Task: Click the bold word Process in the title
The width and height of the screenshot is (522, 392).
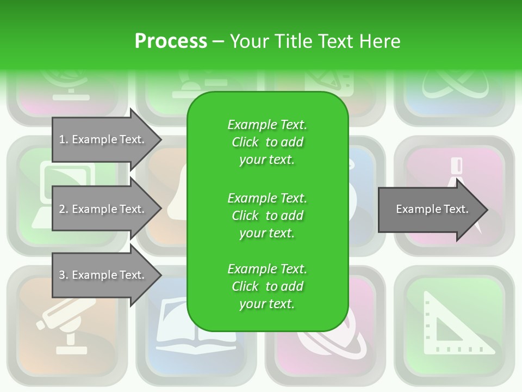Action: coord(171,41)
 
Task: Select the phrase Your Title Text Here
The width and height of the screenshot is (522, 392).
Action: coord(315,41)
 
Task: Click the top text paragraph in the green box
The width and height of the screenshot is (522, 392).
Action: coord(267,142)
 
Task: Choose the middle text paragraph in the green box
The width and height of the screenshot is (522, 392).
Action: coord(267,215)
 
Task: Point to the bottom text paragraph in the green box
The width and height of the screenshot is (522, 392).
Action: coord(267,286)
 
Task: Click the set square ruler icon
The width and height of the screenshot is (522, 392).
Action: coord(455,324)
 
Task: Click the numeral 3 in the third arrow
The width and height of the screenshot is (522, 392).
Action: coord(61,275)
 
